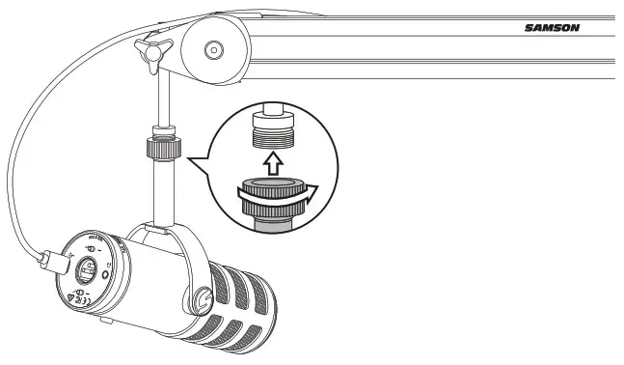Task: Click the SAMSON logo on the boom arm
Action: tap(552, 28)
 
